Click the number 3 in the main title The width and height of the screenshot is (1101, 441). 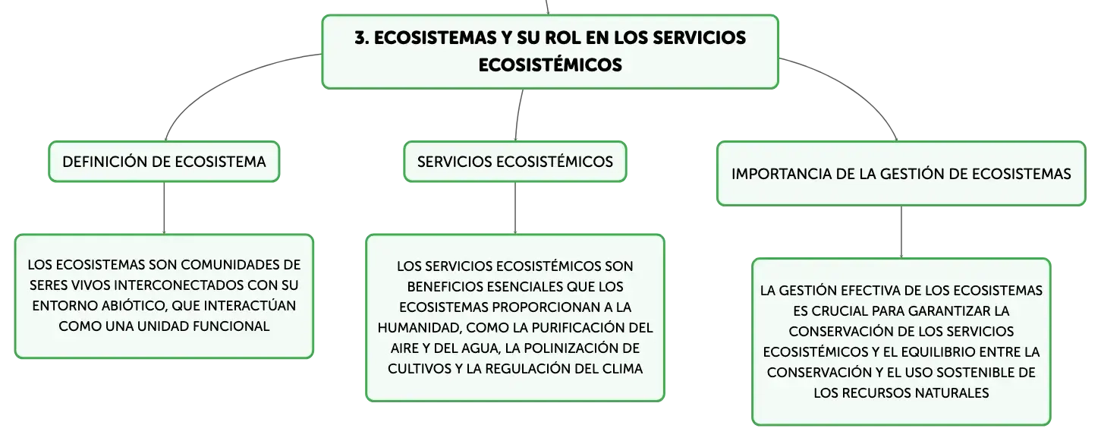[360, 38]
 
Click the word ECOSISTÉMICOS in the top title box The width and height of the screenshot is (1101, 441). [550, 65]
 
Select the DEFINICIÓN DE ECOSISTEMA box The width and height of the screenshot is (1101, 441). [164, 162]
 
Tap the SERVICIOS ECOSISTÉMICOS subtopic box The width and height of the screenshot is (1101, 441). [515, 162]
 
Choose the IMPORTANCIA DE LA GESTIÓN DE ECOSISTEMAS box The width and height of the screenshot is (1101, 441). [901, 174]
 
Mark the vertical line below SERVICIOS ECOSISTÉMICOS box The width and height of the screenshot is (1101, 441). [515, 208]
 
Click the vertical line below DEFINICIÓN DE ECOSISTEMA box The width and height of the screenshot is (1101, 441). [164, 208]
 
